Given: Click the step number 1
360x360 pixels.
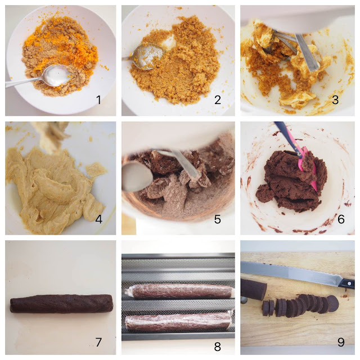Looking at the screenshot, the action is coord(99,100).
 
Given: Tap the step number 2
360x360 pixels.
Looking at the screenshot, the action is coord(218,100).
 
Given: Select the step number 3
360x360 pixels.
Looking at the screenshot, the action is coord(335,100).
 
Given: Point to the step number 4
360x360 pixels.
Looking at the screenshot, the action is coord(99,219).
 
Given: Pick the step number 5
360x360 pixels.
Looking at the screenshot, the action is coord(218,219).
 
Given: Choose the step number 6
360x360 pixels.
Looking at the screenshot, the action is coord(341,219).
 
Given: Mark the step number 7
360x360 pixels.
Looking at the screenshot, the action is coord(99,343).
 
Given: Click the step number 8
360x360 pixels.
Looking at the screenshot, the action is coord(218,346).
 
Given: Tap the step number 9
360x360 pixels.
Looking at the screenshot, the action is coord(341,343).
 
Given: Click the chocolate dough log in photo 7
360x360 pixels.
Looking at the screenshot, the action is coord(61,304).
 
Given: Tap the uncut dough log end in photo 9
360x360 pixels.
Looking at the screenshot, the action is coord(254,289).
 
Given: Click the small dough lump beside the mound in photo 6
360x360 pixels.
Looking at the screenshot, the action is coord(265,193).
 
